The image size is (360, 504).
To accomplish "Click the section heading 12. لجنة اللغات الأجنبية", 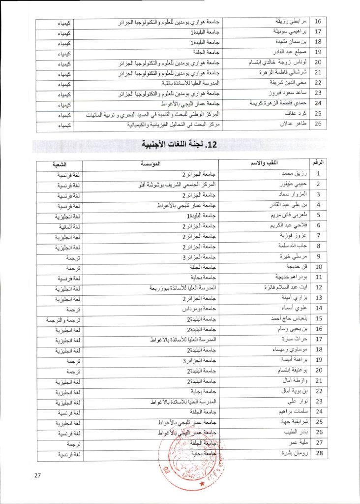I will click(x=180, y=145).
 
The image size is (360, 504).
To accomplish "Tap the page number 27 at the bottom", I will click(x=38, y=475).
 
